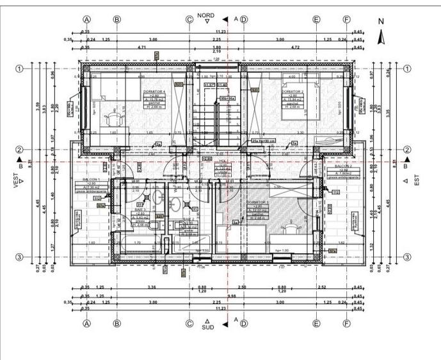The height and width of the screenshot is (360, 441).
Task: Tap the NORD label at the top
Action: click(x=206, y=15)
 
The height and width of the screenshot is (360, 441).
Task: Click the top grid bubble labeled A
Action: click(x=86, y=19)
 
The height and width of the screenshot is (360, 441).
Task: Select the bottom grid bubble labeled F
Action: click(x=346, y=324)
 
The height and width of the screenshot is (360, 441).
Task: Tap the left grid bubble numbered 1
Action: click(x=20, y=68)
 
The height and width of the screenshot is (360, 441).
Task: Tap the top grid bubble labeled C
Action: click(x=189, y=19)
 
